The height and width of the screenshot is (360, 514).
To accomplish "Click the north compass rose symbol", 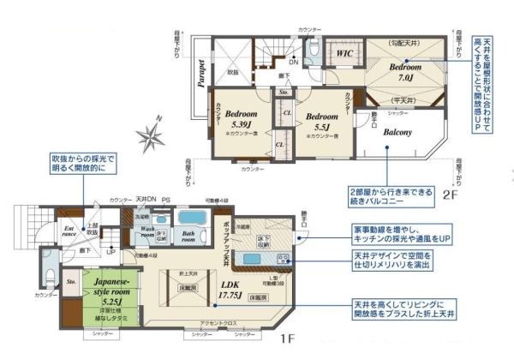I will [x=152, y=135].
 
